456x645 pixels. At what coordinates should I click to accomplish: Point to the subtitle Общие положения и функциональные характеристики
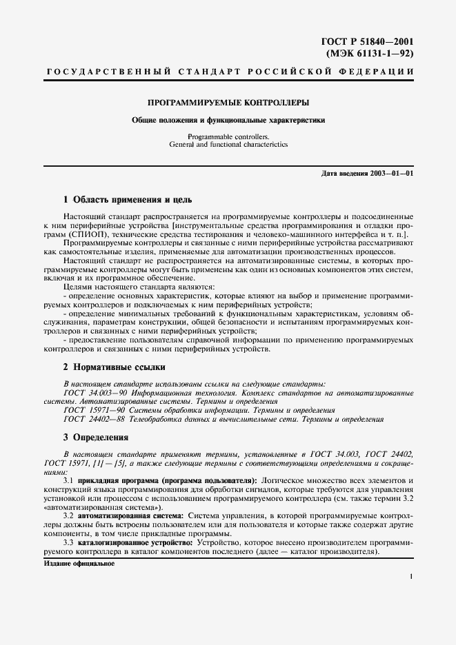228,120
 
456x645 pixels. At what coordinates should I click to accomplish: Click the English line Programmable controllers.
228,136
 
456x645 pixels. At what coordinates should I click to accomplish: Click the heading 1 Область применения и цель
128,199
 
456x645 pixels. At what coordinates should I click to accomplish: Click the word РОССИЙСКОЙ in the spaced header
293,72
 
